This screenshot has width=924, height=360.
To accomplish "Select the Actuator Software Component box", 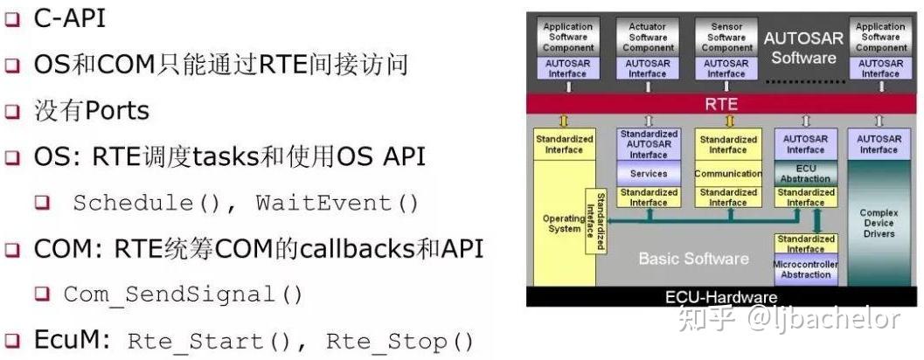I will tap(647, 38).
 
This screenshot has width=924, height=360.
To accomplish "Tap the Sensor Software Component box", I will tap(726, 38).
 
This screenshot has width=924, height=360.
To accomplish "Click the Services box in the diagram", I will tap(648, 174).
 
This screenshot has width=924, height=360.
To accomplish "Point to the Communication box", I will tap(727, 174).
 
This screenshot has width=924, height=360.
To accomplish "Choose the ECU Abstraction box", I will tap(805, 172).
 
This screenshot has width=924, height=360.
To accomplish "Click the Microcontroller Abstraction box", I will tap(805, 269).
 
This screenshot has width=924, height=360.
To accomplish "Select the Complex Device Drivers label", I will tap(878, 223).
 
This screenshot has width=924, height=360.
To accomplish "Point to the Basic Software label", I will tap(693, 259).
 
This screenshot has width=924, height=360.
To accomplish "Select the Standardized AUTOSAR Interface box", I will tap(648, 144).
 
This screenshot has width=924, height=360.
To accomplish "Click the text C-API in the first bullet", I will tap(70, 18).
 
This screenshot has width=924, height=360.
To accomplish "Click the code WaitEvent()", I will tap(337, 204).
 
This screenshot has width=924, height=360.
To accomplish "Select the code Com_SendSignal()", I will tap(183, 295).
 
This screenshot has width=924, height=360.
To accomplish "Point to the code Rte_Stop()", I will tap(399, 342).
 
